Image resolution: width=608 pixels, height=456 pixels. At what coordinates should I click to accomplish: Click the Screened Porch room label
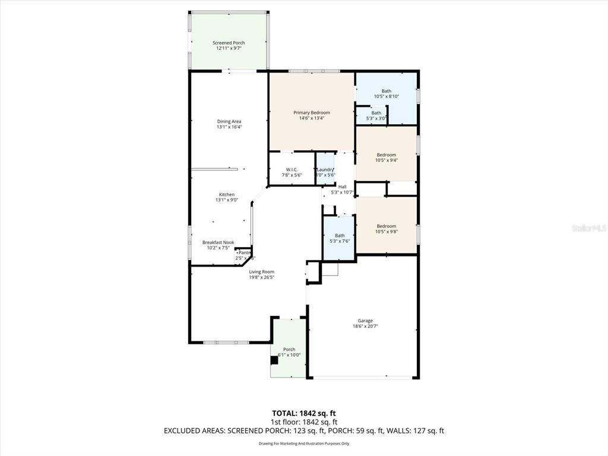pos(229,43)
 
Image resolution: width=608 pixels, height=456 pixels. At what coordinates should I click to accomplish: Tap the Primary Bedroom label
pos(312,112)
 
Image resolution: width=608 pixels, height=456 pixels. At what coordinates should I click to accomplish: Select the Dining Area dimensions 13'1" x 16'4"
pos(229,126)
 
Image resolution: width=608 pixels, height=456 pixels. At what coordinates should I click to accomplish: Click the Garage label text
pos(365,321)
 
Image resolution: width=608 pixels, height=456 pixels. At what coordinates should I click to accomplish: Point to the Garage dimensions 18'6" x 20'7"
pos(365,326)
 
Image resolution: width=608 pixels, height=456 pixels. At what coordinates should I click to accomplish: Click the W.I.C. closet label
pos(292,170)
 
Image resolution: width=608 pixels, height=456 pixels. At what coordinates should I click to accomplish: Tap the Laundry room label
pos(325,170)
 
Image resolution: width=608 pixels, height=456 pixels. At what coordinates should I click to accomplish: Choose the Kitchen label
pos(227,195)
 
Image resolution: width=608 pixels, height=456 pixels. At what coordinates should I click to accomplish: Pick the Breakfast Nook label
pos(218,242)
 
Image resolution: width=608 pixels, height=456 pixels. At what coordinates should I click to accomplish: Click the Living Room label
pos(261,272)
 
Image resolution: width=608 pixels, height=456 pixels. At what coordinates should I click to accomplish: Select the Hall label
pos(342,186)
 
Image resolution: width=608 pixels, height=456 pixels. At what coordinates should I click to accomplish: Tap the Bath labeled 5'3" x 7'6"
pos(340,236)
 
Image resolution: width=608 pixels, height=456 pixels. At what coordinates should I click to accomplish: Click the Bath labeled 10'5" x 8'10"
pos(386,91)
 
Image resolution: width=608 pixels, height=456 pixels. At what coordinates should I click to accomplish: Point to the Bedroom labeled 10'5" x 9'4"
pos(386,155)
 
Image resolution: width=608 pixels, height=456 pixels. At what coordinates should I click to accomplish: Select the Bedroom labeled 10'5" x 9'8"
pos(386,226)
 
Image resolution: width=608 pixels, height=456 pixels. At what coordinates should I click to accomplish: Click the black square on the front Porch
pos(274,360)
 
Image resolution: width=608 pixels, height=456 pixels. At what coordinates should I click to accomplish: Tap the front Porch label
pos(289,349)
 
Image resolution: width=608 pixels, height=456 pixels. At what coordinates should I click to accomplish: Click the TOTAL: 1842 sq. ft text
pos(304,413)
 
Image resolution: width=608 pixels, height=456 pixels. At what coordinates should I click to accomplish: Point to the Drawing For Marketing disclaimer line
pos(304,444)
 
